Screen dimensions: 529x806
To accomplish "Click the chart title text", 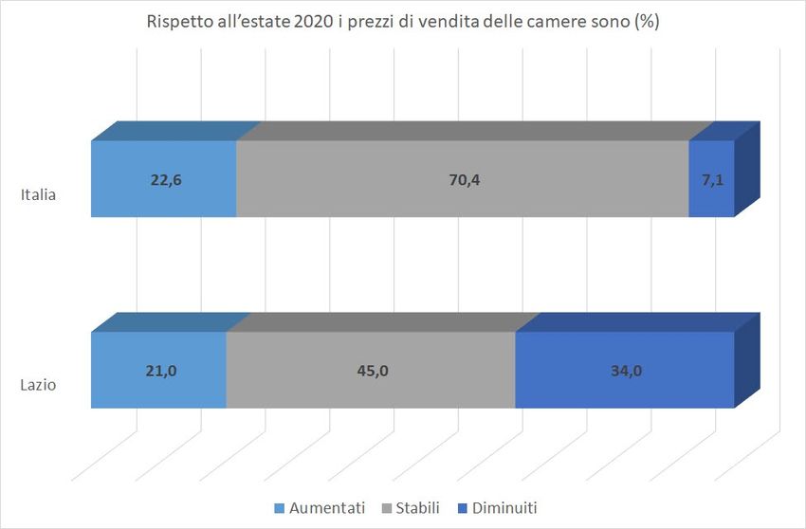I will coord(403,23).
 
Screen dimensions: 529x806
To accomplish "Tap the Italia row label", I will coord(39,196).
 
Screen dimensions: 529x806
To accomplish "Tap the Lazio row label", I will coord(39,386).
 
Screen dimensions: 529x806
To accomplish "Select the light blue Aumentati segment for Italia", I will coord(163,199).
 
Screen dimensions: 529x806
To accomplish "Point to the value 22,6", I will coord(165,180).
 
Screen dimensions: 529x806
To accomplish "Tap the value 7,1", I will coord(712,180).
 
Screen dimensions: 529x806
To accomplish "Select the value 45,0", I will coord(371,371).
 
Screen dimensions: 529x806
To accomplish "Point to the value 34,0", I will coord(625,371).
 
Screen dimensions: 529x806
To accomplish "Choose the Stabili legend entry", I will coord(418,508).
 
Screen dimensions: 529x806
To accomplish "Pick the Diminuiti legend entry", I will coord(502,508).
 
